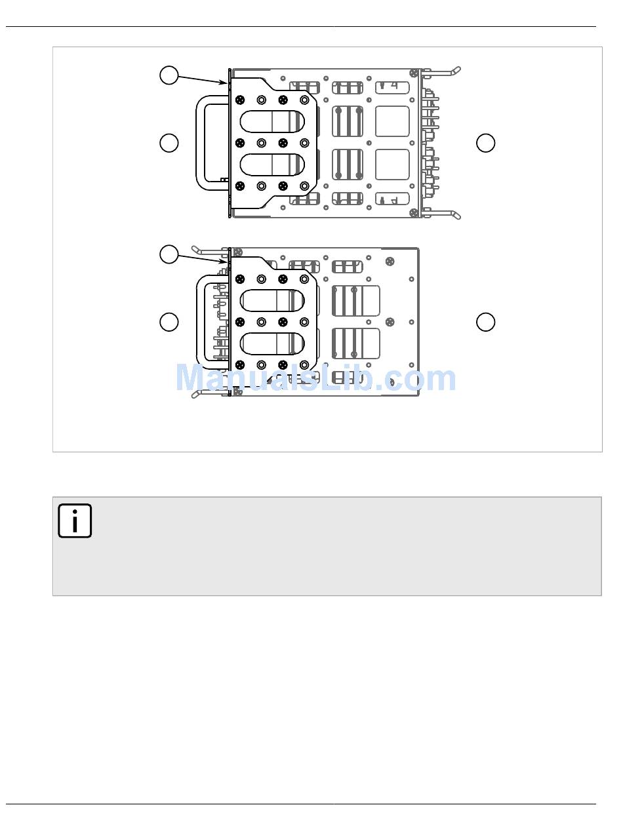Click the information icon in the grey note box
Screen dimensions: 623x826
pyautogui.click(x=75, y=521)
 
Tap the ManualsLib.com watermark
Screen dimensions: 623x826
pyautogui.click(x=315, y=378)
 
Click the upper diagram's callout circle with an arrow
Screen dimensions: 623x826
pyautogui.click(x=169, y=75)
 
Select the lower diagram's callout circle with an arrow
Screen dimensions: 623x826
pyautogui.click(x=169, y=254)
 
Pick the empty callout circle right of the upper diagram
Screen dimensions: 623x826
pyautogui.click(x=485, y=143)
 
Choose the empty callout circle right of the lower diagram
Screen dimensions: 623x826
pyautogui.click(x=485, y=322)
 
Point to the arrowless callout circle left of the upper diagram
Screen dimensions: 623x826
pyautogui.click(x=169, y=143)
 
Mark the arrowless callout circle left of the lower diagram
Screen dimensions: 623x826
pyautogui.click(x=169, y=322)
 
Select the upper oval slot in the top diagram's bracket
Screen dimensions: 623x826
pyautogui.click(x=271, y=121)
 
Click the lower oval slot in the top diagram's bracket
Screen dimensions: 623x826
pyautogui.click(x=271, y=165)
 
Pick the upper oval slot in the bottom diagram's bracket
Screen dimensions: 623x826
pyautogui.click(x=271, y=301)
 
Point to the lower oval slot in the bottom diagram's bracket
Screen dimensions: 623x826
pyautogui.click(x=271, y=344)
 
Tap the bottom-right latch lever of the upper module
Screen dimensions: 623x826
pyautogui.click(x=441, y=214)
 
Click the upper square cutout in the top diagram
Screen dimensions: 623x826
pyautogui.click(x=392, y=121)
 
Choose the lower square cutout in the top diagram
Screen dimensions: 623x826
pyautogui.click(x=392, y=165)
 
